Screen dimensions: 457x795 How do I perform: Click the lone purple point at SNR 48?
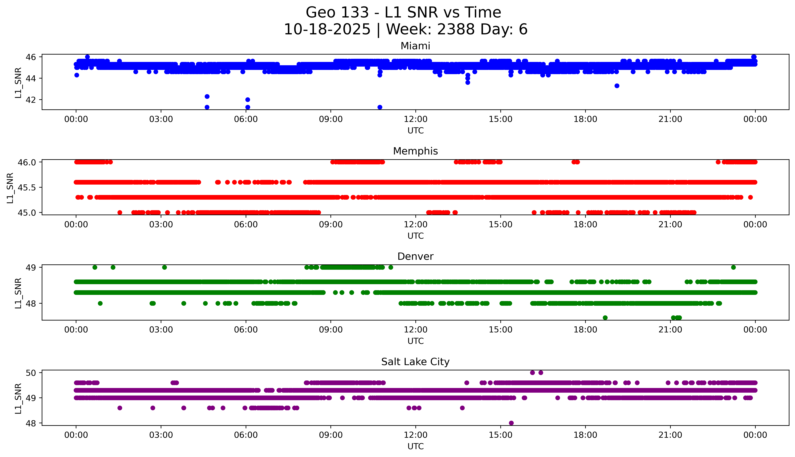point(511,423)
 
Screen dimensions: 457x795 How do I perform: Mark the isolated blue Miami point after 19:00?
point(617,86)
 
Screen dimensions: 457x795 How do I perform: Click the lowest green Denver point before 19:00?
point(605,318)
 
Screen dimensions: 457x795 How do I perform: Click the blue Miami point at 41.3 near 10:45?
point(380,107)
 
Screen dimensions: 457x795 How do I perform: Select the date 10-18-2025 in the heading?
point(327,30)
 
